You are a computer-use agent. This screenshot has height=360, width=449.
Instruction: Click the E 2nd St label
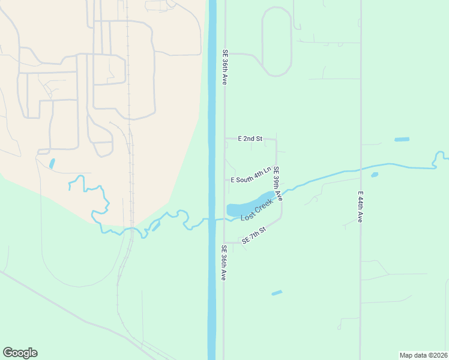click(x=250, y=139)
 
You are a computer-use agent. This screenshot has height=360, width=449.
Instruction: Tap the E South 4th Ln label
click(x=252, y=176)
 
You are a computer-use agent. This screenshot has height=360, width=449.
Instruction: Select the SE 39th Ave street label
click(x=277, y=184)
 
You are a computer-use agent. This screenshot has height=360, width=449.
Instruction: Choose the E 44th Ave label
click(x=360, y=207)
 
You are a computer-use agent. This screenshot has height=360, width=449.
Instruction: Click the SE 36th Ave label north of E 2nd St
click(x=225, y=67)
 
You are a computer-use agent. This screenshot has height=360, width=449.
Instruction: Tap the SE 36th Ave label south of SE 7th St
click(x=223, y=263)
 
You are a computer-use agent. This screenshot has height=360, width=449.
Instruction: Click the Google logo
click(x=20, y=353)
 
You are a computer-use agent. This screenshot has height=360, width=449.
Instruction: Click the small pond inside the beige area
click(x=52, y=163)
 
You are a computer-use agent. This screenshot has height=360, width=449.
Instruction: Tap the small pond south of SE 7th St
click(x=277, y=293)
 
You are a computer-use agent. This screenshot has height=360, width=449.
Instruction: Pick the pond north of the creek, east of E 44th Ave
click(x=402, y=139)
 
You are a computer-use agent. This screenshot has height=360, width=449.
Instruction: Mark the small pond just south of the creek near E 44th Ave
click(x=375, y=175)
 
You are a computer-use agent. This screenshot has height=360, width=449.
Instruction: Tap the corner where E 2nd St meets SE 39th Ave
click(x=276, y=139)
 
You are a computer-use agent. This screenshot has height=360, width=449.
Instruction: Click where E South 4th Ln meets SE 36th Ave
click(x=225, y=179)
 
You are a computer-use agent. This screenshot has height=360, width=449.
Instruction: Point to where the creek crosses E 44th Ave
click(x=361, y=169)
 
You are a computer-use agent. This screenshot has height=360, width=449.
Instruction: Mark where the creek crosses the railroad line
click(x=130, y=229)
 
